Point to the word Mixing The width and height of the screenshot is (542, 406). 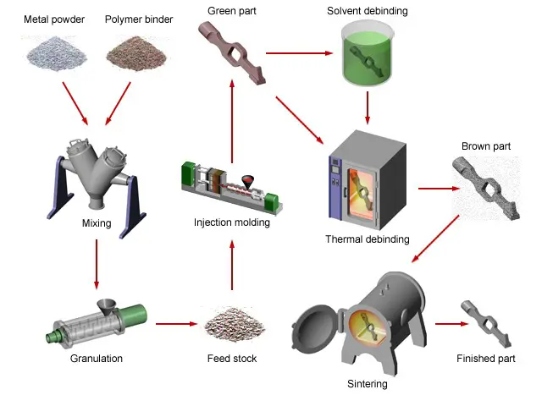click(x=97, y=224)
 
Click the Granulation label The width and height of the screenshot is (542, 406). click(x=97, y=359)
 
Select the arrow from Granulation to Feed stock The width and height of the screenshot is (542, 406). click(x=176, y=323)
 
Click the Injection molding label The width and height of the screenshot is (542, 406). click(x=231, y=223)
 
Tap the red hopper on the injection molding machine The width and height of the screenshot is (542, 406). click(x=247, y=182)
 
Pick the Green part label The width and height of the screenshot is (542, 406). click(x=231, y=10)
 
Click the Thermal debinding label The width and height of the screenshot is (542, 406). click(x=367, y=239)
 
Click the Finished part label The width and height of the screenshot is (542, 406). click(x=485, y=359)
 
